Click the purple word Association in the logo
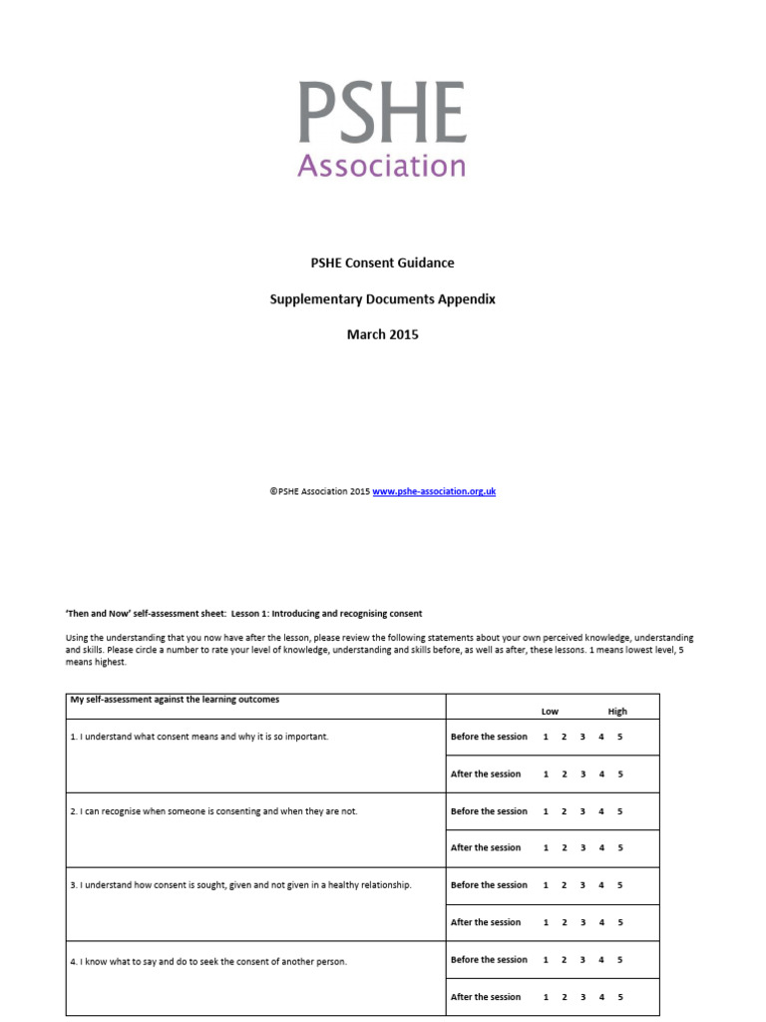tap(382, 165)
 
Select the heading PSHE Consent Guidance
tap(382, 262)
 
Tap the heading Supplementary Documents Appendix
tap(382, 298)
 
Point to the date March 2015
tap(382, 334)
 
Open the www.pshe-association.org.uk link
tap(434, 492)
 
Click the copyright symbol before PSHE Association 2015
tap(272, 492)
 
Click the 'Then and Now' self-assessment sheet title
tap(244, 613)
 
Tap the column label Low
tap(550, 712)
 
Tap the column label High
tap(617, 712)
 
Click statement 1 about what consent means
tap(199, 737)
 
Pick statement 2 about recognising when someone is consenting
tap(213, 811)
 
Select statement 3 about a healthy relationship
tap(240, 885)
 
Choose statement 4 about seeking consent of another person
tap(208, 961)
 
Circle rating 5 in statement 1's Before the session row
tap(619, 737)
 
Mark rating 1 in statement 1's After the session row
tap(546, 773)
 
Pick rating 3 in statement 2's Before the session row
tap(582, 811)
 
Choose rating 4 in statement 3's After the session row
tap(601, 922)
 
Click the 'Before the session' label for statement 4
tap(489, 960)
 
